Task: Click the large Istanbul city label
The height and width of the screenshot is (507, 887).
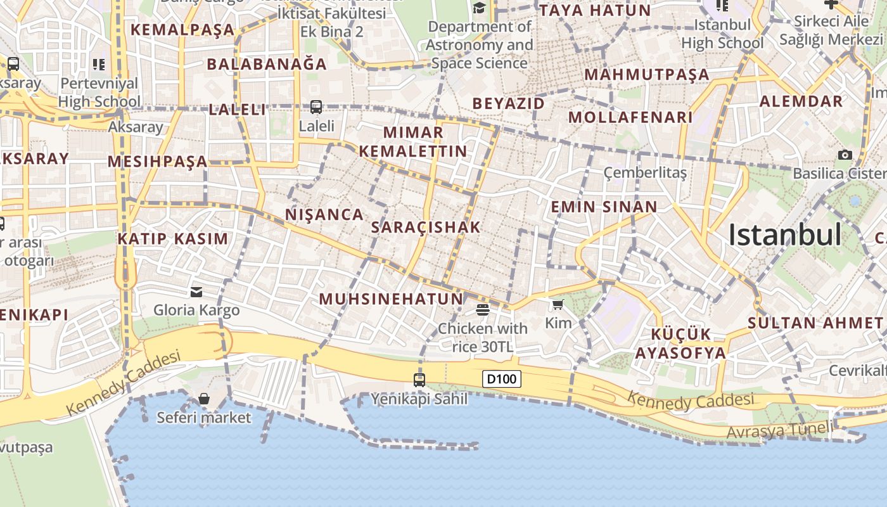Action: [x=784, y=235]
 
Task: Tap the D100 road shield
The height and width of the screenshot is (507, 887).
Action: [x=502, y=379]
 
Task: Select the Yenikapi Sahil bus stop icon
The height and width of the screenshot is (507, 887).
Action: [x=419, y=380]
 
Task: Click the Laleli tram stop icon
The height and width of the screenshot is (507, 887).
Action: [x=316, y=107]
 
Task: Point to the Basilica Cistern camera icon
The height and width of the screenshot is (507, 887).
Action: [x=845, y=155]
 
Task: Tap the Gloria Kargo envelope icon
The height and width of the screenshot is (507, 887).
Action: [x=196, y=292]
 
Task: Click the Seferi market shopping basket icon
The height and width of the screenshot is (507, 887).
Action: [x=204, y=399]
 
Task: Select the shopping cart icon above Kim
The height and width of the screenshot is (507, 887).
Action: [x=558, y=305]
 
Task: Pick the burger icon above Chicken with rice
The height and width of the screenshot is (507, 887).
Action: [x=482, y=309]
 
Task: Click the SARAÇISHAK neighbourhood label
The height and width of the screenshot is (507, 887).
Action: [x=426, y=227]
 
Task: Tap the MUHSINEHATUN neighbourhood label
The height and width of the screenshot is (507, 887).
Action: [x=391, y=298]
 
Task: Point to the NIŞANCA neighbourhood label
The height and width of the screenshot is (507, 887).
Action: [x=324, y=214]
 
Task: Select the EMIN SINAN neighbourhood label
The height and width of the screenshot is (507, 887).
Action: [x=604, y=207]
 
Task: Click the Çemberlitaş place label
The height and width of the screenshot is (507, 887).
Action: [x=645, y=172]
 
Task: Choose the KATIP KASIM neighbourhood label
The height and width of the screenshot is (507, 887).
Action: [x=172, y=239]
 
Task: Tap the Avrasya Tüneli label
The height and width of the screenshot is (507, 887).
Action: [x=780, y=430]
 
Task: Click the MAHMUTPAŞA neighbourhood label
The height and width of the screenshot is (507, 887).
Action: [x=646, y=74]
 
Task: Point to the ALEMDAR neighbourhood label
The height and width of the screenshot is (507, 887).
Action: [x=801, y=101]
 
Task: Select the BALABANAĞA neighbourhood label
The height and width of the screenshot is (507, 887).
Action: [x=267, y=64]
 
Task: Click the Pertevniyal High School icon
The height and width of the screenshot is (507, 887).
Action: [x=98, y=64]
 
